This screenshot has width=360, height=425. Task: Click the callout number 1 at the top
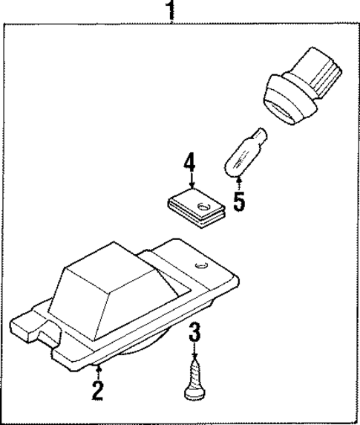pos(171,10)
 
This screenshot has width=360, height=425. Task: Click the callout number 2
pos(97,390)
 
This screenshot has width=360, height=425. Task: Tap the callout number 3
pos(194,331)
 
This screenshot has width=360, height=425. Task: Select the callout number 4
pos(190,163)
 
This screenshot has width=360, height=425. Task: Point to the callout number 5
pos(238,201)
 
